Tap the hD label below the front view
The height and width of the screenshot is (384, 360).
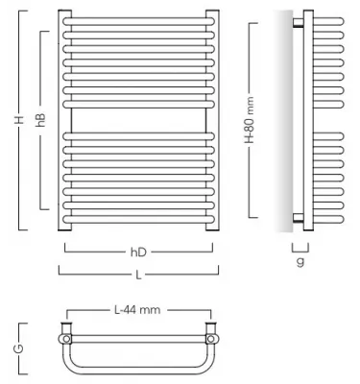[139, 252]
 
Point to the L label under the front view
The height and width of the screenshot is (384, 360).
[139, 274]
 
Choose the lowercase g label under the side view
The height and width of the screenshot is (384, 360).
[300, 260]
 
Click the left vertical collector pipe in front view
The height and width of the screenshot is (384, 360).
[63, 121]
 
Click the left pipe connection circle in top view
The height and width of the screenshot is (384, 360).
[66, 338]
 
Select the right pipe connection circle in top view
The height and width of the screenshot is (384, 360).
[211, 338]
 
